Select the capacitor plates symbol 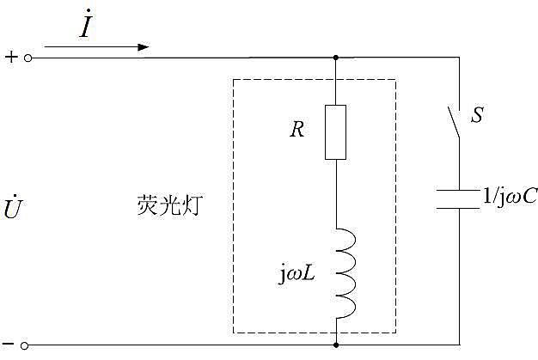click(458, 198)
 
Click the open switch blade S click(453, 122)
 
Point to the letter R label click(297, 129)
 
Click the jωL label click(297, 274)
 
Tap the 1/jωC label click(509, 197)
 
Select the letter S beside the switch click(477, 115)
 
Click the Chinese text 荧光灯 click(170, 205)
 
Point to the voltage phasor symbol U click(13, 207)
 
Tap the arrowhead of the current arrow click(144, 47)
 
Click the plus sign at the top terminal click(11, 57)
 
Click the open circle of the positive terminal click(28, 58)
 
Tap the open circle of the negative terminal click(24, 345)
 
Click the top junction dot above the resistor click(336, 58)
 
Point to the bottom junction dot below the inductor click(336, 345)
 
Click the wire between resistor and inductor click(336, 193)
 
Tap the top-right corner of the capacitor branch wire click(459, 58)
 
